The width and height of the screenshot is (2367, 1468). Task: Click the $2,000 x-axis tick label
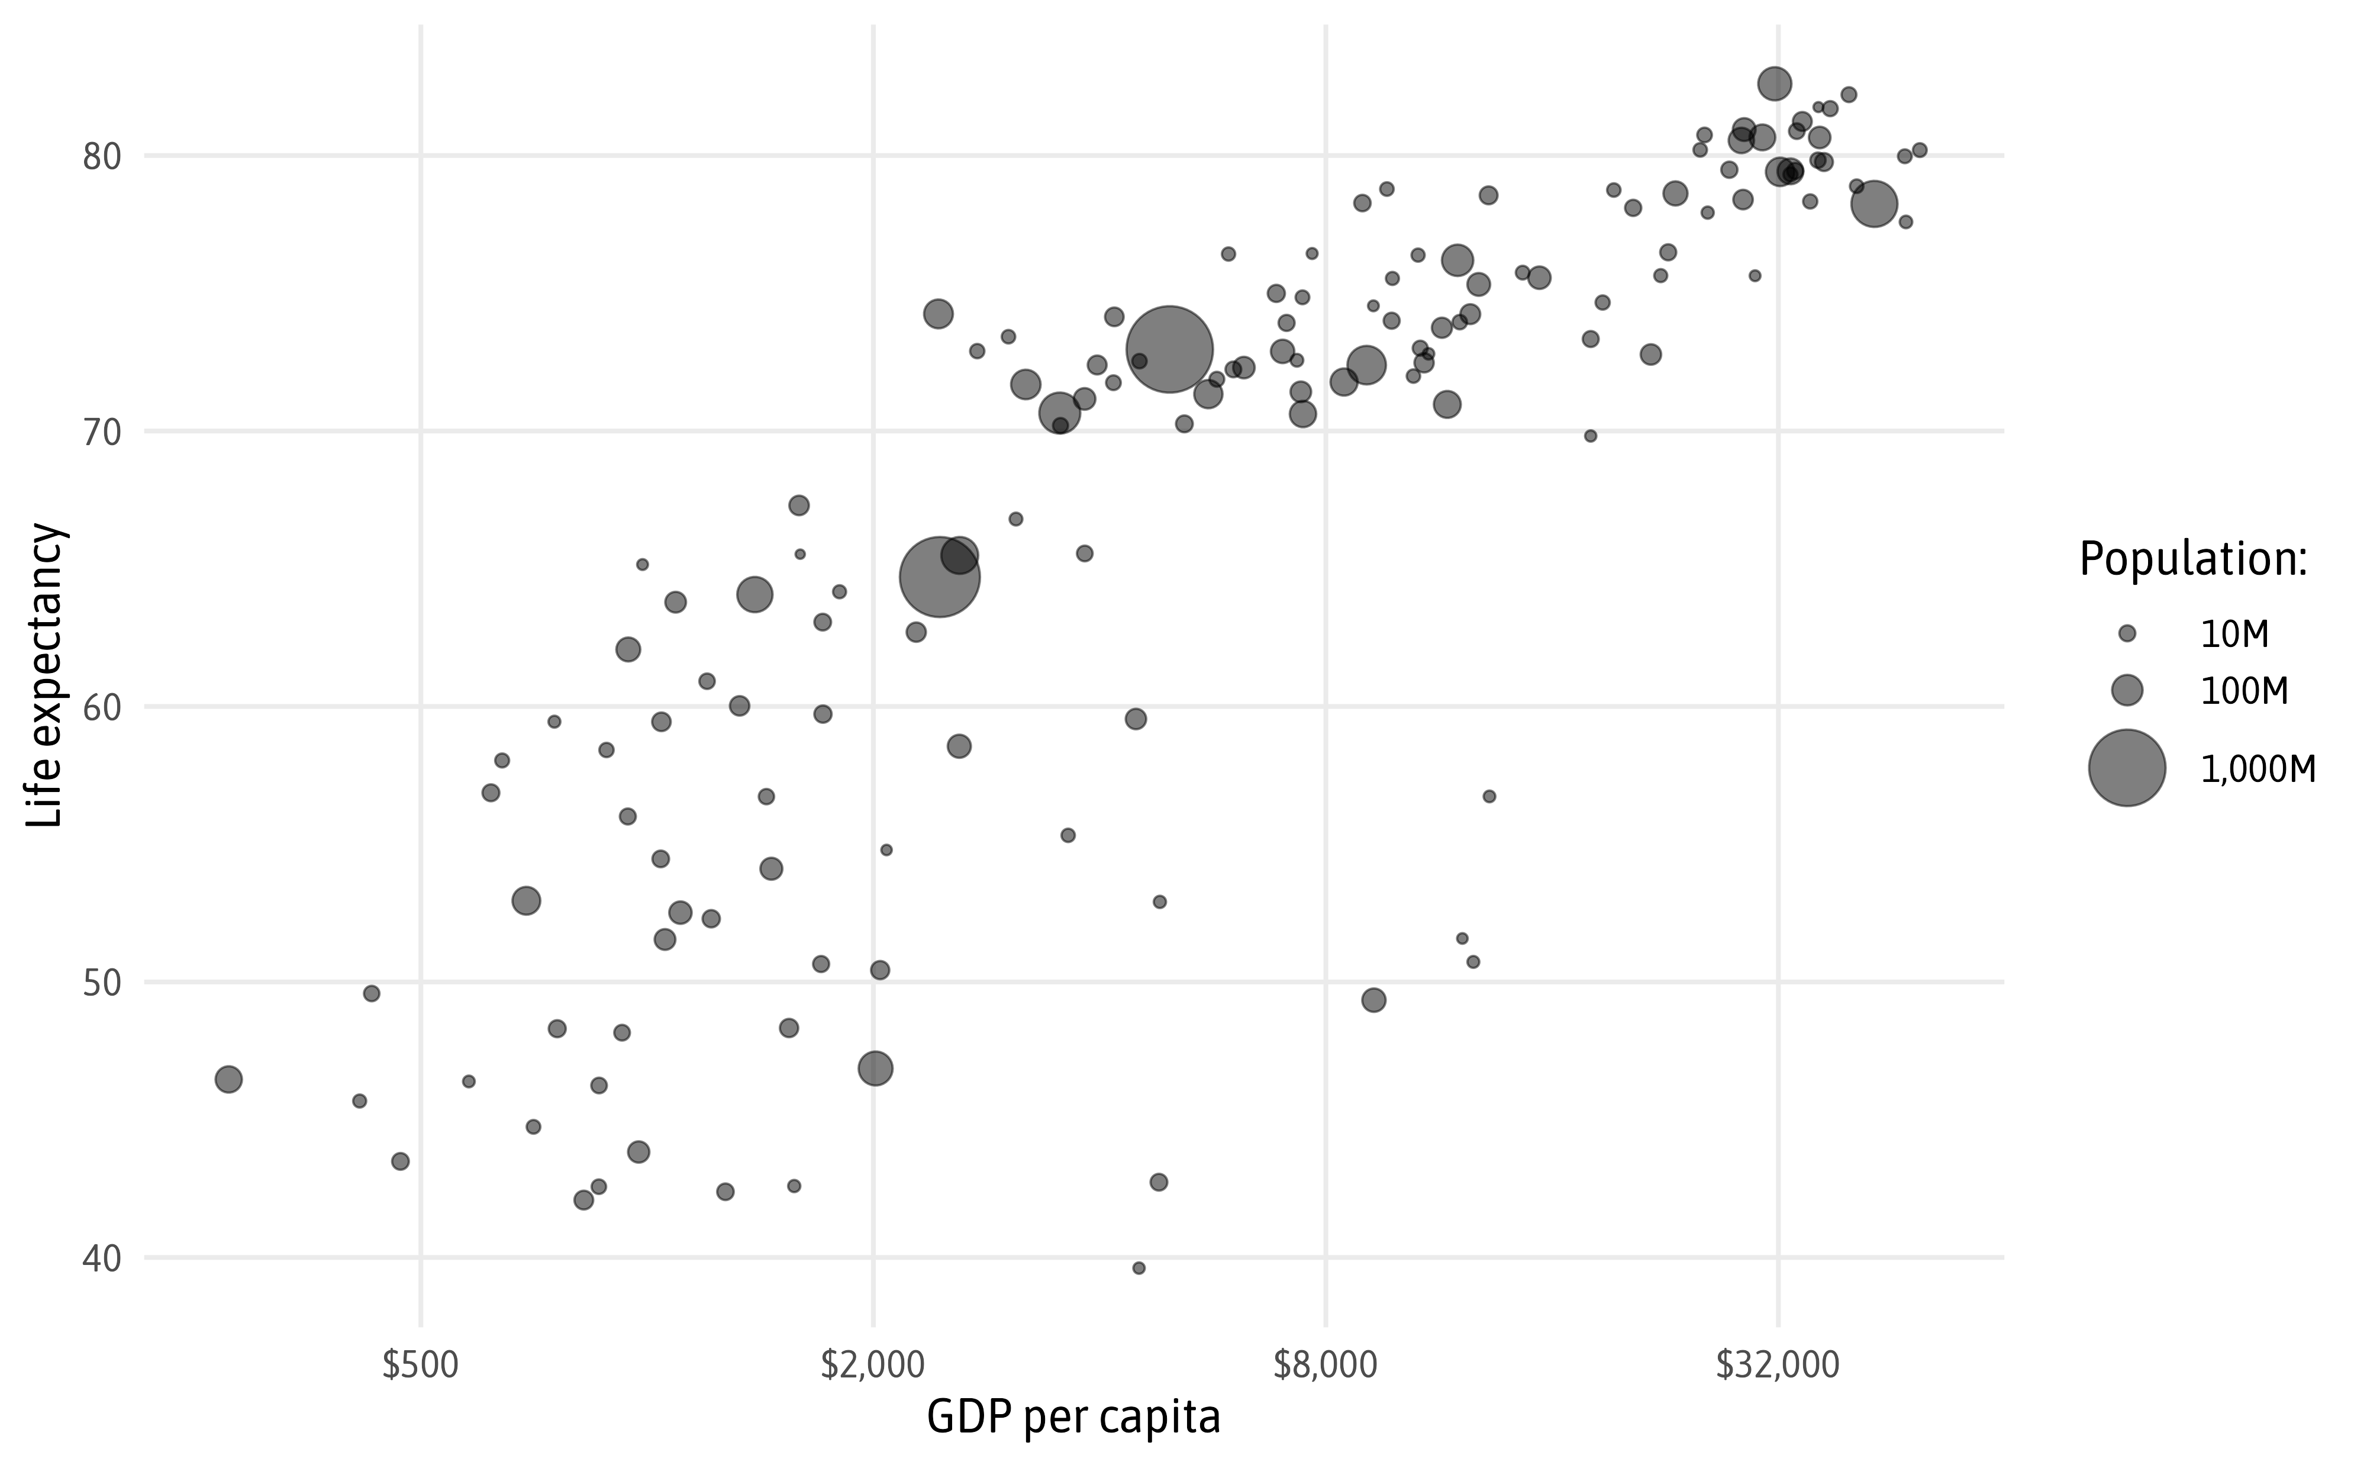point(872,1365)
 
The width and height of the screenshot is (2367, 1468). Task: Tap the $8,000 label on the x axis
point(1325,1365)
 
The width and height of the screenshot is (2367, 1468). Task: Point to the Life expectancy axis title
point(44,676)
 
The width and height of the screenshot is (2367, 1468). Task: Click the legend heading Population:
point(2192,559)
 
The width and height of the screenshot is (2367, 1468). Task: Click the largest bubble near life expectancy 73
point(1169,349)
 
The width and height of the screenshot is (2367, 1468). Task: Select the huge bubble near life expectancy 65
point(939,577)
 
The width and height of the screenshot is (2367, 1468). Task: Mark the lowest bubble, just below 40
point(1139,1268)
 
